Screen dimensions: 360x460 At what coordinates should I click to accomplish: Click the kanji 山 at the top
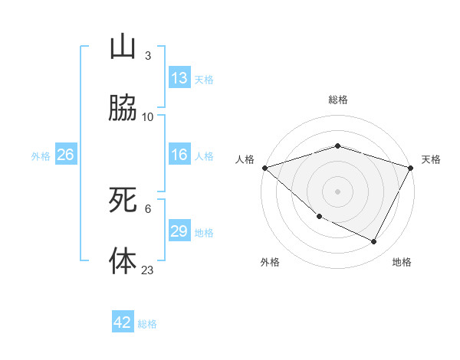click(x=123, y=48)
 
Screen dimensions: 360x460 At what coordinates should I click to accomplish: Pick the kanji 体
click(x=123, y=260)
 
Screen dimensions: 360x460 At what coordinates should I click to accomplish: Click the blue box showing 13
click(x=179, y=78)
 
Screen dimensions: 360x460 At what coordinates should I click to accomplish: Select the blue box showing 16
click(x=179, y=155)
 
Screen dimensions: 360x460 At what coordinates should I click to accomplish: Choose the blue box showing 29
click(x=179, y=231)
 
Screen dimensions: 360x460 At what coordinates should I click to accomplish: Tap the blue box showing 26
click(x=65, y=155)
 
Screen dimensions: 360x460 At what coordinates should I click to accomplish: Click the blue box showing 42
click(x=123, y=322)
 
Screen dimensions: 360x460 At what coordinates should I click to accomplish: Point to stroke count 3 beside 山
click(x=147, y=56)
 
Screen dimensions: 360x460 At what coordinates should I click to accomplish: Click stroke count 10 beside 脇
click(x=148, y=117)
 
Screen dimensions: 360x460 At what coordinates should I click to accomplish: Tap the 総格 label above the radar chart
click(x=337, y=100)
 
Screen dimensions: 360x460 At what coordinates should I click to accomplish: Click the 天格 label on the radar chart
click(x=431, y=159)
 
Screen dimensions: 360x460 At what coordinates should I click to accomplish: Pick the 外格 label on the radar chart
click(x=270, y=262)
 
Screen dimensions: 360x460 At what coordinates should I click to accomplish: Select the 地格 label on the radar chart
click(x=402, y=262)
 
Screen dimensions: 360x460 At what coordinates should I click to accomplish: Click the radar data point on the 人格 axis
click(x=264, y=167)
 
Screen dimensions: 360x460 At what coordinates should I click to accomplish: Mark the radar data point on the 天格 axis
click(x=411, y=167)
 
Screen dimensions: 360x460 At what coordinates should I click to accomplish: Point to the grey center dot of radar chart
click(x=337, y=191)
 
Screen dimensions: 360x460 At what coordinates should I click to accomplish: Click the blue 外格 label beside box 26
click(x=41, y=155)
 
